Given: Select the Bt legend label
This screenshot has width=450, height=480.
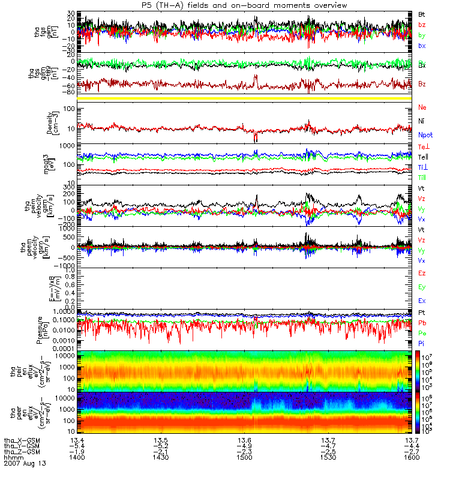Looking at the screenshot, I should (422, 13).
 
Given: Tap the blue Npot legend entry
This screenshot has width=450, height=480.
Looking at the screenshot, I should (424, 136).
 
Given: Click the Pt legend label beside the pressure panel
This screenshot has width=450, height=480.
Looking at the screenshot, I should (422, 313).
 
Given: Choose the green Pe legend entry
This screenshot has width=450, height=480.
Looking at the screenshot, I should (422, 332).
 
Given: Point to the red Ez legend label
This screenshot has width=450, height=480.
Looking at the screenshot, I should (422, 273).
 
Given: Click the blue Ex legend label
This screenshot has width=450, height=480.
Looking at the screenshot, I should (422, 300).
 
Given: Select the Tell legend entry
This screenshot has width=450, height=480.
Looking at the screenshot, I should (424, 156).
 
